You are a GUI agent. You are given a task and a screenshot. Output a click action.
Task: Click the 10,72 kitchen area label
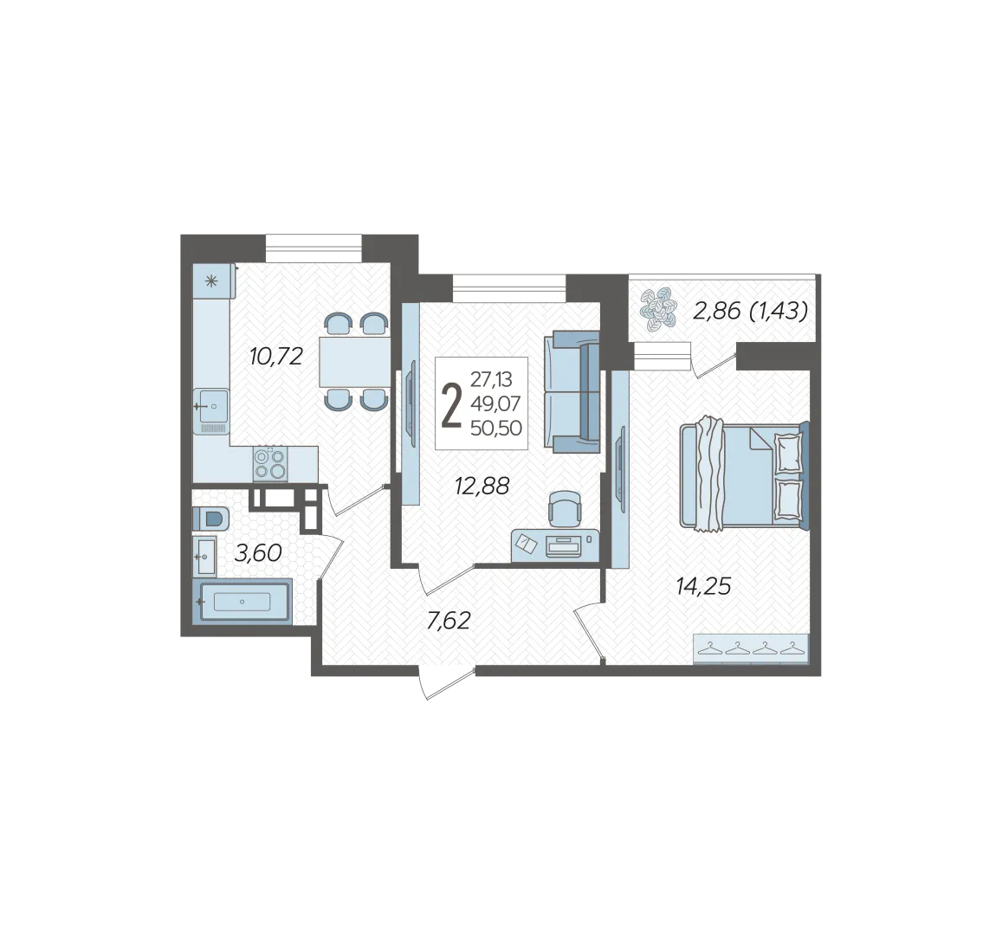pyautogui.click(x=275, y=357)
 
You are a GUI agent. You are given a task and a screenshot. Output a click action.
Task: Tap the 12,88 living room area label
pyautogui.click(x=482, y=486)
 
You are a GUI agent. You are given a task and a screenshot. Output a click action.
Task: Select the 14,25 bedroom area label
pyautogui.click(x=703, y=585)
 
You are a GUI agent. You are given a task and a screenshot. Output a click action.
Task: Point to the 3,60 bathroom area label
pyautogui.click(x=258, y=553)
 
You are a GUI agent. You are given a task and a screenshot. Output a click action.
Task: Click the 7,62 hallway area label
pyautogui.click(x=449, y=620)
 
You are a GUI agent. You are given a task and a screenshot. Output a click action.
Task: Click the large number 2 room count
pyautogui.click(x=451, y=403)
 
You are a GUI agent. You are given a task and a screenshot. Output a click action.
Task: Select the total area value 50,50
pyautogui.click(x=496, y=428)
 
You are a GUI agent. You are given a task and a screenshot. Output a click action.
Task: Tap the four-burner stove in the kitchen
pyautogui.click(x=270, y=464)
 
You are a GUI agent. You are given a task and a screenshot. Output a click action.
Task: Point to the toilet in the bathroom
pyautogui.click(x=210, y=518)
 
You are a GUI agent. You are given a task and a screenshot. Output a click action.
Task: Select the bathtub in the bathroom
pyautogui.click(x=242, y=602)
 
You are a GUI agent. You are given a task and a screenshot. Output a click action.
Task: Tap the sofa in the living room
pyautogui.click(x=572, y=391)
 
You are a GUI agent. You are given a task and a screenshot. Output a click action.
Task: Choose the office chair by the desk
pyautogui.click(x=566, y=506)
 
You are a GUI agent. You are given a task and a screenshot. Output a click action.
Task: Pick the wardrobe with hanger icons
pyautogui.click(x=751, y=649)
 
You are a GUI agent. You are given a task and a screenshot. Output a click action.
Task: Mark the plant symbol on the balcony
pyautogui.click(x=657, y=311)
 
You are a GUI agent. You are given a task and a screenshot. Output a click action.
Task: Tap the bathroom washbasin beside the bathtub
pyautogui.click(x=205, y=557)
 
